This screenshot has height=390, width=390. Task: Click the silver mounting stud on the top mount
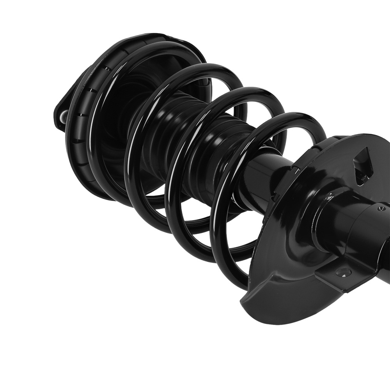(x=62, y=116)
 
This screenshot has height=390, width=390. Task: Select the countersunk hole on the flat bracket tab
(x=344, y=273)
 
